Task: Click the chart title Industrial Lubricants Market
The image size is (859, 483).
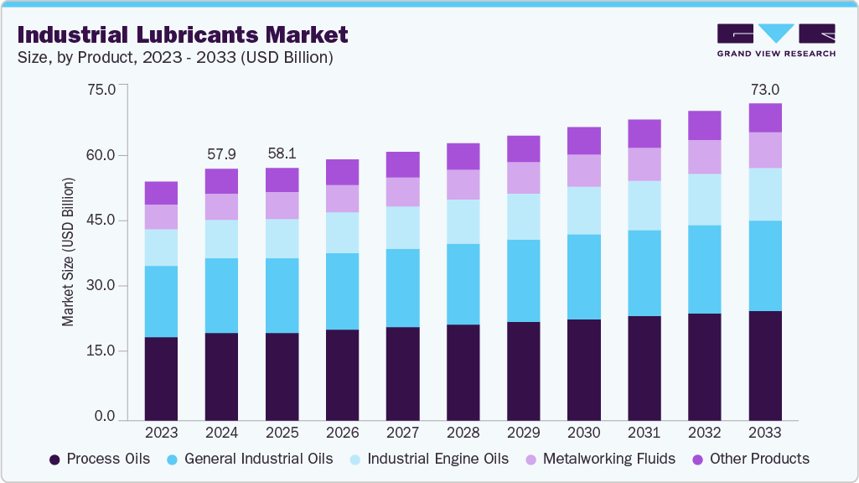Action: coord(182,35)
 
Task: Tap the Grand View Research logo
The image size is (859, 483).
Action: coord(775,40)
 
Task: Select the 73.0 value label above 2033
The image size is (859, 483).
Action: coord(764,90)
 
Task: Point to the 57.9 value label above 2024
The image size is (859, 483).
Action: coord(222,154)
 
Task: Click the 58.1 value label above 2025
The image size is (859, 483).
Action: coord(282,154)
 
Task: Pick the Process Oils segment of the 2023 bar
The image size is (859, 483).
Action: coord(161,377)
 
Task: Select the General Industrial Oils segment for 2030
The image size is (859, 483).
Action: coord(583,277)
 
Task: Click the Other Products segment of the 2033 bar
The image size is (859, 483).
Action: coord(764,117)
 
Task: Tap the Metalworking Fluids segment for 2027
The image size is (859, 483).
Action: coord(402,192)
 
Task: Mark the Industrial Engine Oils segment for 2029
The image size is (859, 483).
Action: coord(523,216)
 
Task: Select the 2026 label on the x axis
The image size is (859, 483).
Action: coord(342,433)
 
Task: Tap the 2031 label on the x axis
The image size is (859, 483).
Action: coord(644,433)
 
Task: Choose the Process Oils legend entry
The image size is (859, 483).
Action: coord(100,459)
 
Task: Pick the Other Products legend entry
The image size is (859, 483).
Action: coord(750,459)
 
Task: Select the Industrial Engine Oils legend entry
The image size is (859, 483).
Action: coord(428,459)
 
